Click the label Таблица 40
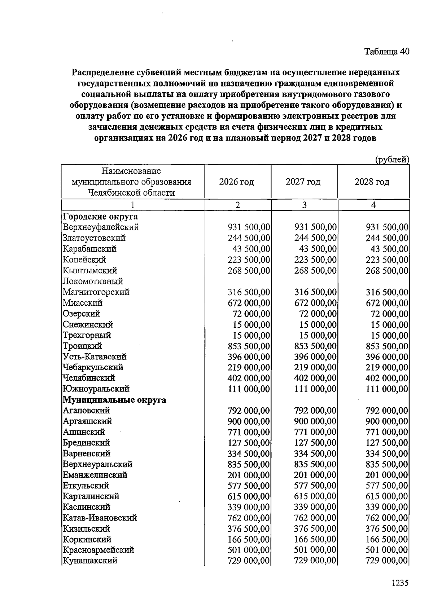click(x=386, y=52)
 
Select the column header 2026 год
click(x=236, y=182)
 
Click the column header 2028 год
click(x=372, y=182)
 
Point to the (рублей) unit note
click(x=392, y=159)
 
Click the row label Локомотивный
click(x=93, y=281)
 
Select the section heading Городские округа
click(x=100, y=217)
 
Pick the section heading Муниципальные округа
click(x=114, y=400)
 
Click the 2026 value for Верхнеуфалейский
click(x=249, y=227)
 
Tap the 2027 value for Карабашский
click(x=318, y=249)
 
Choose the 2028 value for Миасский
click(x=387, y=303)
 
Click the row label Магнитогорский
click(x=96, y=292)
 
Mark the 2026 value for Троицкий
click(x=249, y=346)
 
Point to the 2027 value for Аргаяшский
click(x=315, y=421)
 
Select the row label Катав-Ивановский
click(x=100, y=518)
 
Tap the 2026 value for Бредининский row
click(x=249, y=443)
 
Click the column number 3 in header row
click(x=304, y=205)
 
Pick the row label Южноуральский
click(x=96, y=389)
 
